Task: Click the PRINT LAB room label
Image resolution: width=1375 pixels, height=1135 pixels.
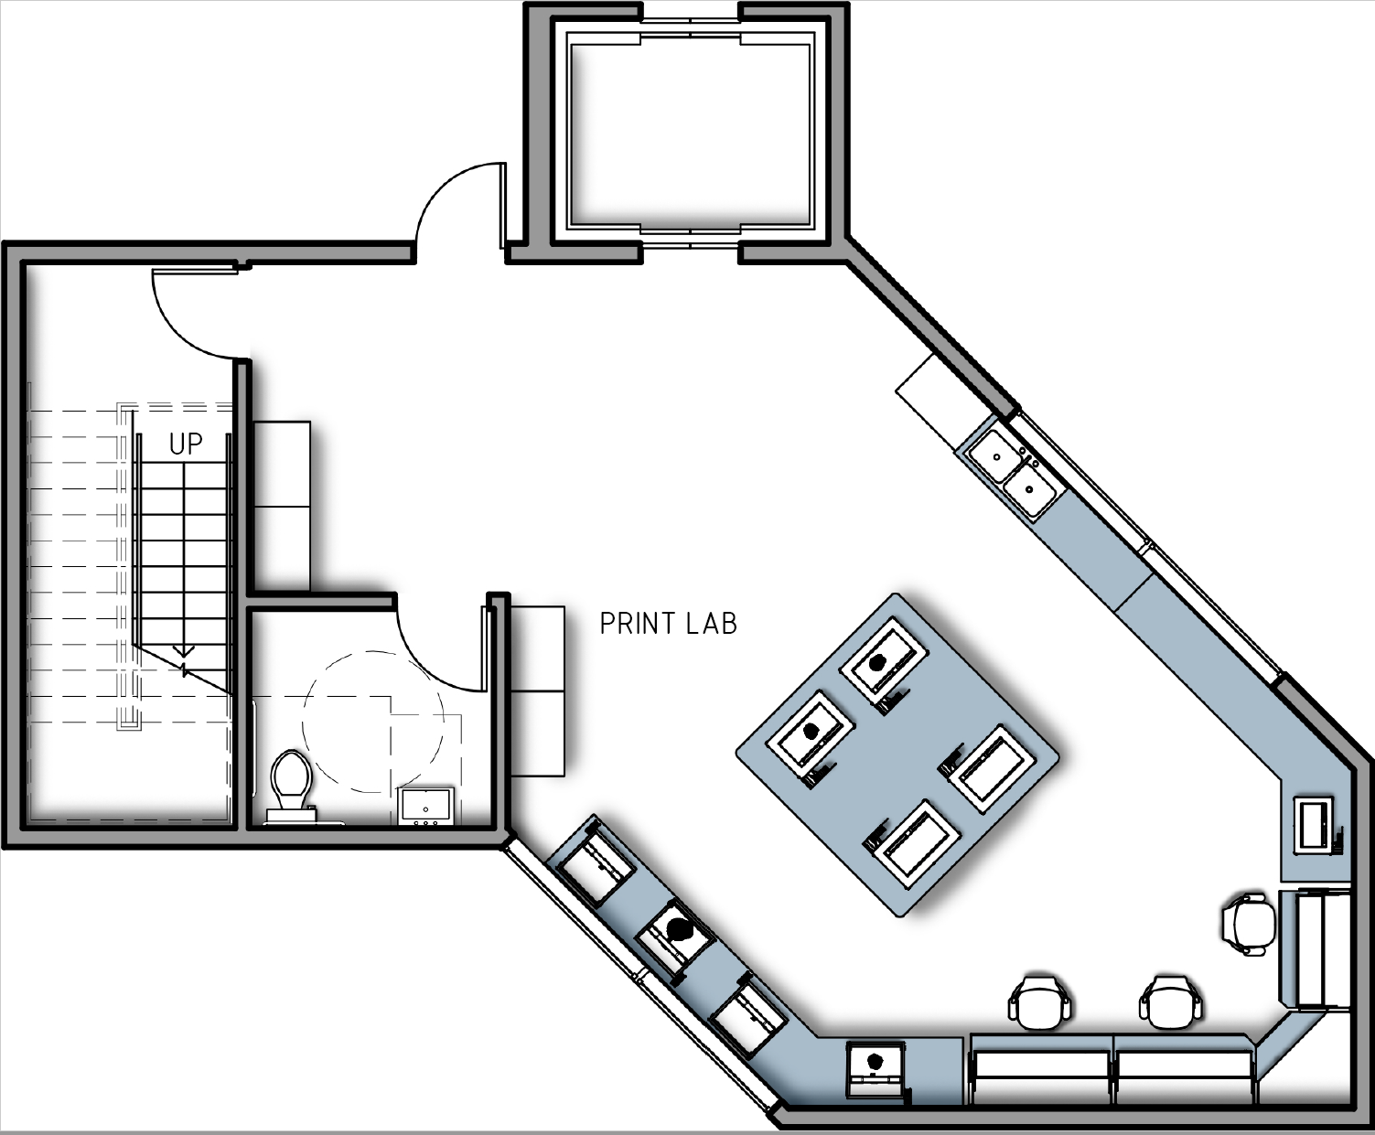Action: coord(668,624)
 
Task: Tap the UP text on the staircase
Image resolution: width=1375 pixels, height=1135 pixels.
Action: coord(186,444)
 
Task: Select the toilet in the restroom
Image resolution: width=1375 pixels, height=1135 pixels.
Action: coord(291,783)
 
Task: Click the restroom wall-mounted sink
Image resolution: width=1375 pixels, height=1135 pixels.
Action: coord(426,807)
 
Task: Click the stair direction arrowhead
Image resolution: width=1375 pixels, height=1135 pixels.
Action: coord(184,651)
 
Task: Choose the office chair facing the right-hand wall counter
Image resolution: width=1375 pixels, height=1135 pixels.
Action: coord(1248,924)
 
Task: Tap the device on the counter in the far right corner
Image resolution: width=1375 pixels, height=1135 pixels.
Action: coord(1317,825)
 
